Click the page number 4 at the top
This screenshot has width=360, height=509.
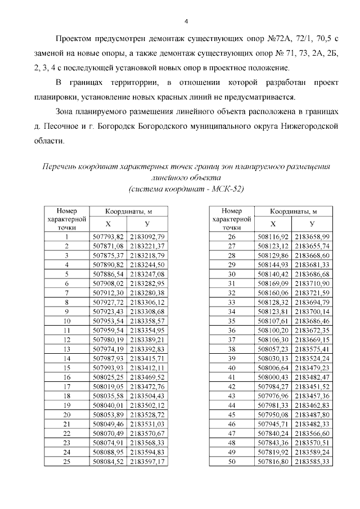click(186, 22)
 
